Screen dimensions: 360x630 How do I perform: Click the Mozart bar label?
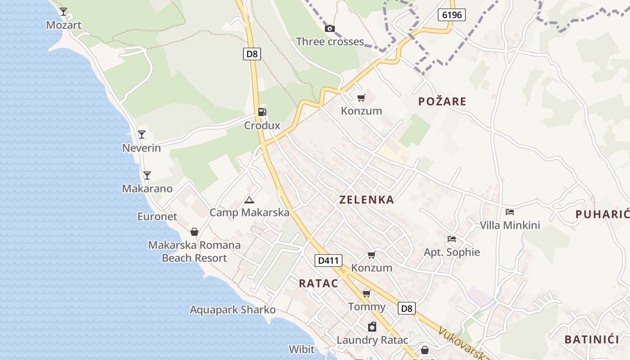click(64, 25)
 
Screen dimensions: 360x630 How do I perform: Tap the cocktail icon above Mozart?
click(63, 12)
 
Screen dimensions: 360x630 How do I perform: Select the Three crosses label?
click(330, 42)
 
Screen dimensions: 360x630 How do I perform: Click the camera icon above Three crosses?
click(330, 28)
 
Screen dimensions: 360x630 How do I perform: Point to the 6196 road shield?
click(451, 15)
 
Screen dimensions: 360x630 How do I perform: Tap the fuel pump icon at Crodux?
click(262, 112)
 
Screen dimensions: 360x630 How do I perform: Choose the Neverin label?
click(141, 148)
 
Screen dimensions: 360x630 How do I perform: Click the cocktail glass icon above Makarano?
click(147, 175)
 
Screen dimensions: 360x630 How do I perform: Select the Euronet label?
click(157, 216)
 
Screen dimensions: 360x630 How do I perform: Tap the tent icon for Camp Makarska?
click(249, 200)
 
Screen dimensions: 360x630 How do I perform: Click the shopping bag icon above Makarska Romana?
click(194, 232)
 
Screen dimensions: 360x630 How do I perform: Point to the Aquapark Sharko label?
click(233, 310)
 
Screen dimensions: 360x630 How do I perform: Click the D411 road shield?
click(328, 260)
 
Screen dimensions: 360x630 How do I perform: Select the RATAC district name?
click(318, 283)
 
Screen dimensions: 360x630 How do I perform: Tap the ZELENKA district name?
click(367, 200)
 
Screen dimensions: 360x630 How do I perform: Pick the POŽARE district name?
click(442, 102)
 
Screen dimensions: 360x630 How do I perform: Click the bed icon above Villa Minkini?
click(510, 211)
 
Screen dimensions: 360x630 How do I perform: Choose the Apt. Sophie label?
click(452, 252)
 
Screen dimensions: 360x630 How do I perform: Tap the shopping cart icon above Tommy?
click(366, 294)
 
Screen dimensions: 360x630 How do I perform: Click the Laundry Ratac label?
click(372, 340)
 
